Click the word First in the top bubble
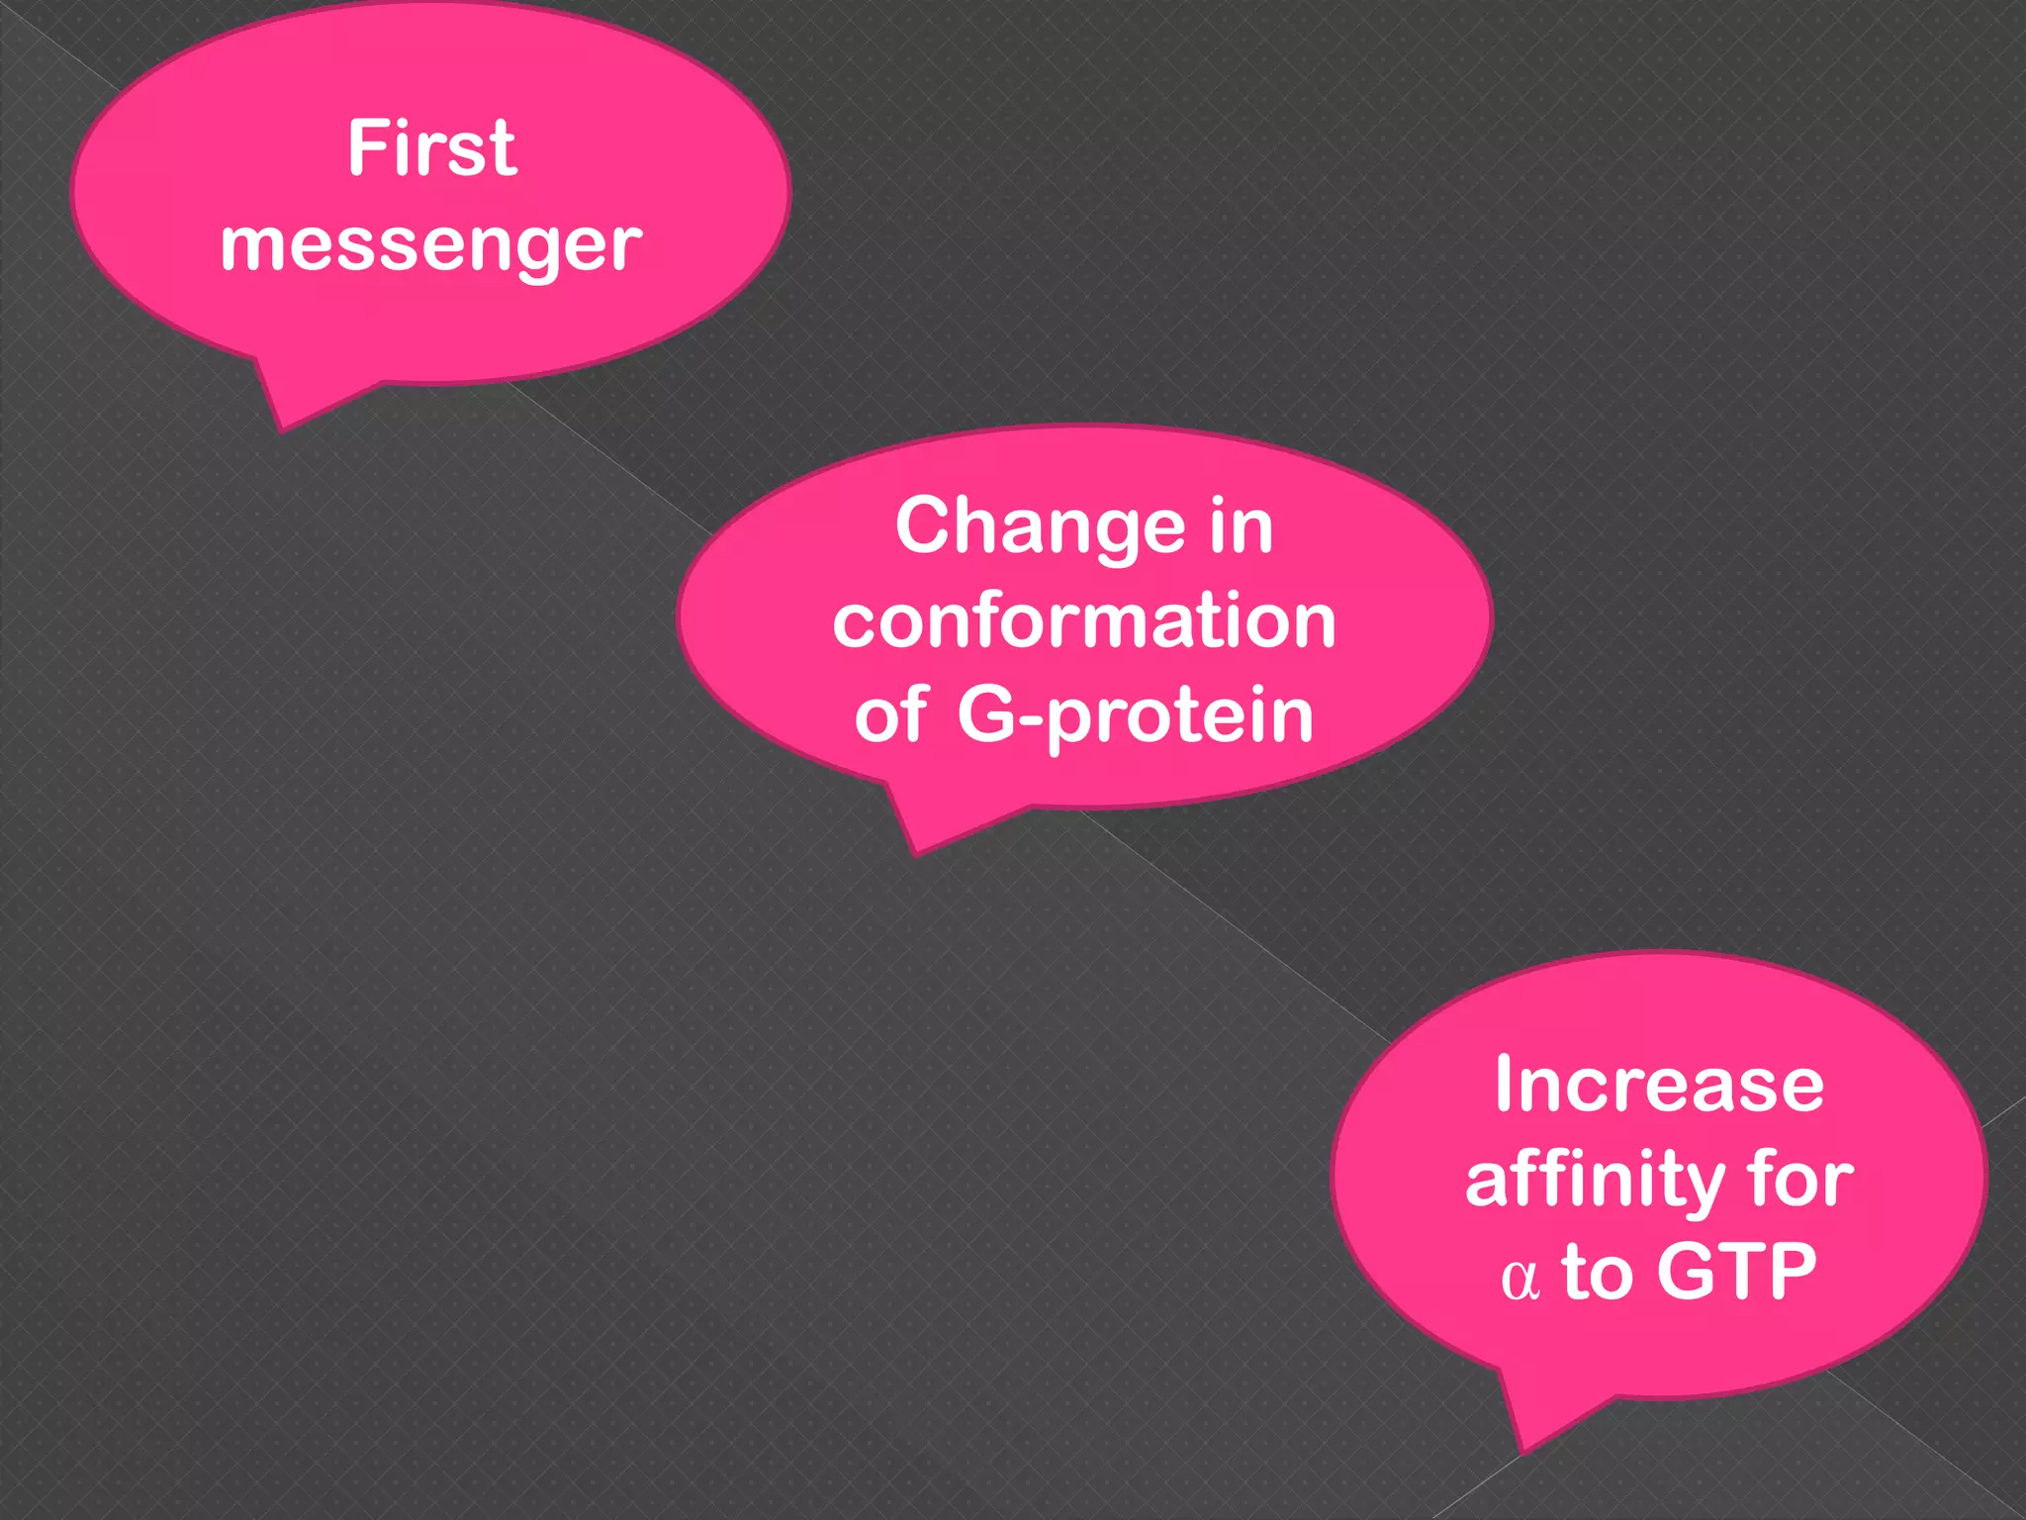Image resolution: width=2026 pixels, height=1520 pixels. pyautogui.click(x=431, y=148)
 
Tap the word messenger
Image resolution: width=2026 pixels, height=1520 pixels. pyautogui.click(x=431, y=245)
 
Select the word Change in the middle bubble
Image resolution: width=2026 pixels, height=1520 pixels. pyautogui.click(x=1040, y=526)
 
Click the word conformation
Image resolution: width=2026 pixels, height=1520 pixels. pyautogui.click(x=1084, y=621)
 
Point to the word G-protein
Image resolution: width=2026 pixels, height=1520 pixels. pyautogui.click(x=1135, y=714)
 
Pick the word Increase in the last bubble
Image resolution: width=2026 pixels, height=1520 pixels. pyautogui.click(x=1659, y=1085)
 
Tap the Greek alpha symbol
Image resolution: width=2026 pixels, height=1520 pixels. pyautogui.click(x=1519, y=1279)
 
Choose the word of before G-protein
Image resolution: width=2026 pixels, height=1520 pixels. pyautogui.click(x=890, y=714)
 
